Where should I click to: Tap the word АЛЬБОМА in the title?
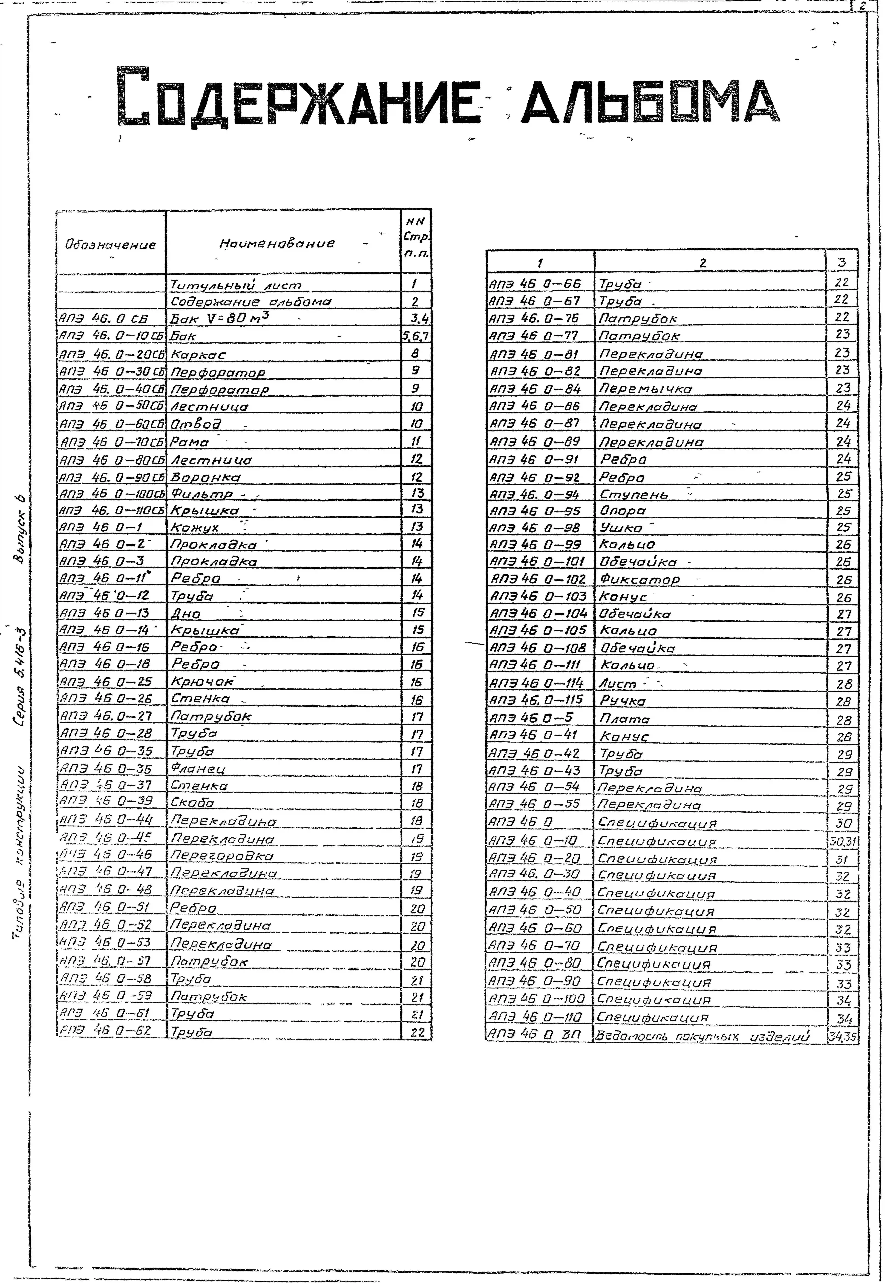[650, 101]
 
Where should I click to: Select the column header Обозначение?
[110, 244]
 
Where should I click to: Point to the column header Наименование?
[277, 243]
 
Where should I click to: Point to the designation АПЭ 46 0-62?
[106, 1031]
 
